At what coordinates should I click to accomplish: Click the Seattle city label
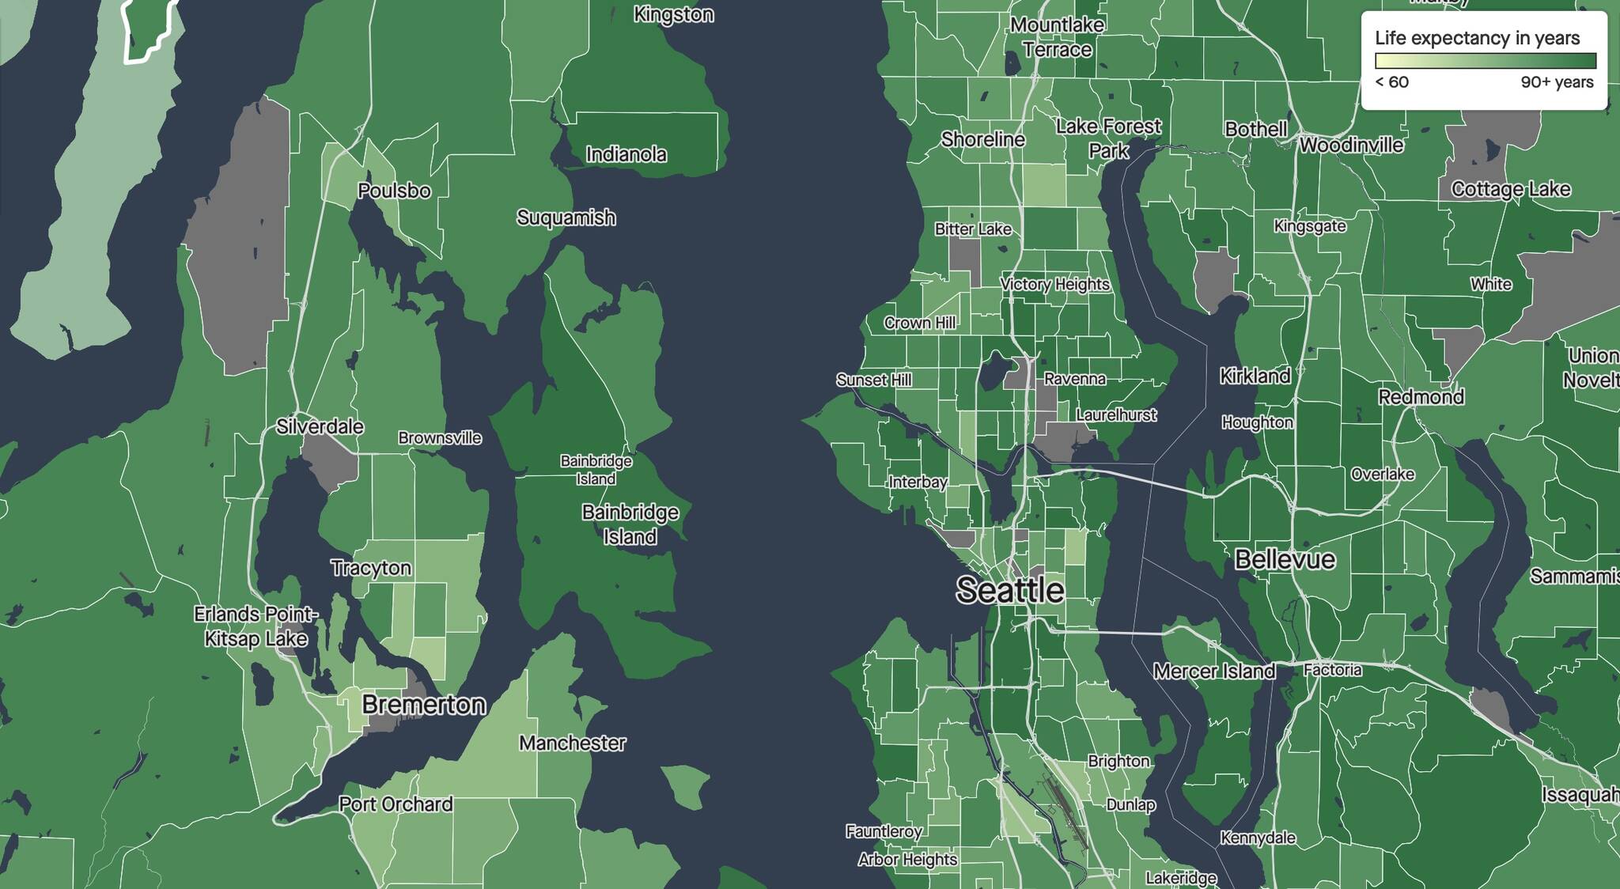pos(1009,590)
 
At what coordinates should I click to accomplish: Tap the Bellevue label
pos(1285,560)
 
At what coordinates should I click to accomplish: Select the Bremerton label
pos(423,704)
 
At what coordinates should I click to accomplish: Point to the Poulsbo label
pos(394,191)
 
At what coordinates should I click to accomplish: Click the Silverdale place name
pos(320,426)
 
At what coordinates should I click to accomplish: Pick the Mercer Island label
pos(1213,671)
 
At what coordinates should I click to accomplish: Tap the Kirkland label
pos(1255,376)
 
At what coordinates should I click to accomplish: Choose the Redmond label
pos(1421,396)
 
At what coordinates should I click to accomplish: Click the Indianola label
pos(626,154)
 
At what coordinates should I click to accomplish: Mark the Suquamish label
pos(566,218)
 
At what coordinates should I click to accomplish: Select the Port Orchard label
pos(396,804)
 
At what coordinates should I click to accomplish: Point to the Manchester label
pos(572,743)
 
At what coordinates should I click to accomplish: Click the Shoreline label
pos(982,139)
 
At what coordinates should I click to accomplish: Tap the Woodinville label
pos(1351,145)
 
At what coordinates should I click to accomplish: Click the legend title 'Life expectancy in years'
pos(1477,38)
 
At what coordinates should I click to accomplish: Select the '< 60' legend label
pos(1391,82)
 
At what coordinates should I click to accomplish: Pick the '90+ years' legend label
pos(1556,82)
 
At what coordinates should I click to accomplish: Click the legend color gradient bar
pos(1485,61)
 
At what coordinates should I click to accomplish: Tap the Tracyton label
pos(371,568)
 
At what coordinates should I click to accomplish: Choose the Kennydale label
pos(1258,838)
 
